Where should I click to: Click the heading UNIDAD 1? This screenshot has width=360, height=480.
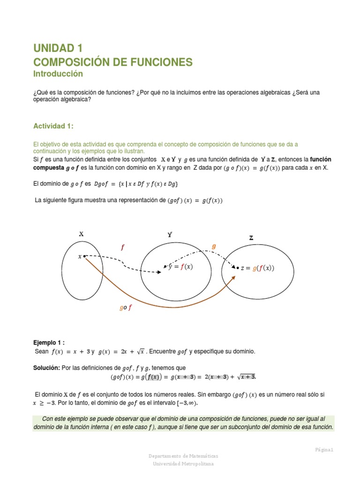click(58, 48)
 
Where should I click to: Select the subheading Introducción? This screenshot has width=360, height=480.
click(58, 74)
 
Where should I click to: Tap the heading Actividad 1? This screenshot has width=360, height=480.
click(53, 126)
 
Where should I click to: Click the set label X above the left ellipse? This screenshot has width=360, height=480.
click(81, 233)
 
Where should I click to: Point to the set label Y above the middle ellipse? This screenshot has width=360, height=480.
click(170, 234)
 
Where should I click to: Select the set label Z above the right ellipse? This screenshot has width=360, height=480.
click(251, 238)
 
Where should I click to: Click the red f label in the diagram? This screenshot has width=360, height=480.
click(122, 247)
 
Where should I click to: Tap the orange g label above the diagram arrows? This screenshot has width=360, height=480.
click(214, 246)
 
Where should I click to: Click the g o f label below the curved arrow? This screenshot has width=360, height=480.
click(126, 307)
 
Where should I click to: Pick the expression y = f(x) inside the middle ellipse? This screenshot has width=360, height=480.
click(180, 267)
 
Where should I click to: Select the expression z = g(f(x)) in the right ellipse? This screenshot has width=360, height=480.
click(257, 268)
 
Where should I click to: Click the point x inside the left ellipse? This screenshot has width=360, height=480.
click(81, 256)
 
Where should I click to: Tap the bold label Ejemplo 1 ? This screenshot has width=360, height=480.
click(52, 342)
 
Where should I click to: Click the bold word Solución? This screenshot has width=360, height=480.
click(46, 368)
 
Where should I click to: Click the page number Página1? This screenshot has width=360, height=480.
click(324, 450)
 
